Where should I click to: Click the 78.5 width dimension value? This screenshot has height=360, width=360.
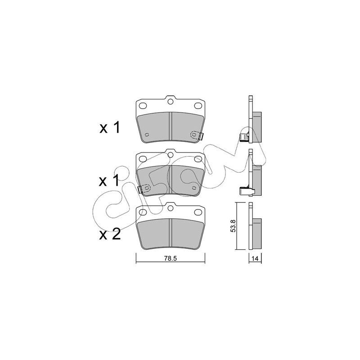click(170, 258)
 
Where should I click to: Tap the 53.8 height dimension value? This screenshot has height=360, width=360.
click(233, 226)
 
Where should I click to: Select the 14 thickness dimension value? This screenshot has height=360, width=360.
click(255, 258)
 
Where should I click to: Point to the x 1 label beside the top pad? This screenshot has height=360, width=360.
click(109, 128)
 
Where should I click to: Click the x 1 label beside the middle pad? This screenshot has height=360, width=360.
click(109, 180)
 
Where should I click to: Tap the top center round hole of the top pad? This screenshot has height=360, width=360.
click(170, 102)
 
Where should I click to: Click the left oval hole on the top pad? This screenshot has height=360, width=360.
click(143, 106)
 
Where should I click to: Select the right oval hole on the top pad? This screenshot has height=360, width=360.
click(198, 106)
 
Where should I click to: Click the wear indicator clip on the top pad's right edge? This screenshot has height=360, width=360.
click(201, 136)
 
